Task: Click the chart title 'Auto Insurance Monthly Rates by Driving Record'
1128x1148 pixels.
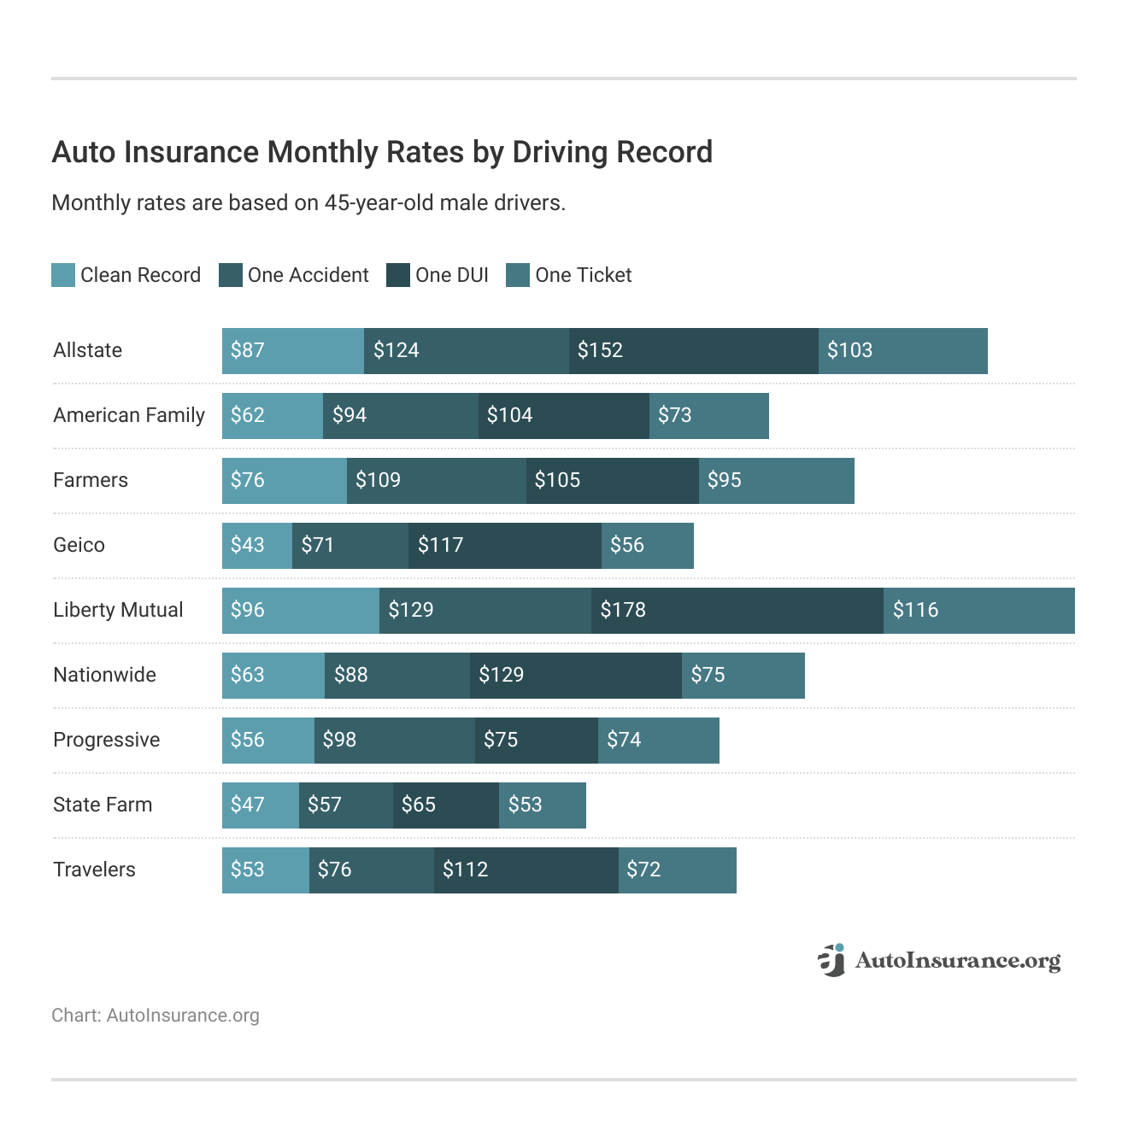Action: (382, 152)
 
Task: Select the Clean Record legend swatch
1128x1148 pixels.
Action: (63, 275)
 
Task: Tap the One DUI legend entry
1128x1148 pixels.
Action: (438, 275)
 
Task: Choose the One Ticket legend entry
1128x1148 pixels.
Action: (569, 275)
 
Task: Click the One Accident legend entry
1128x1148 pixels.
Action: (294, 275)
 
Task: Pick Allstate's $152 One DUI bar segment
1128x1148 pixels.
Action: (693, 351)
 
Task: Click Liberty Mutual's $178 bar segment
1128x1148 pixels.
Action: (737, 611)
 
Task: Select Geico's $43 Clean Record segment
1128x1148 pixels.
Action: (256, 546)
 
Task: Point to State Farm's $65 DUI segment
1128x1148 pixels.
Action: (445, 805)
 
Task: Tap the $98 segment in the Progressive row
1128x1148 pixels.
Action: (394, 741)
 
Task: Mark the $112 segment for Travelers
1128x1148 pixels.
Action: (526, 870)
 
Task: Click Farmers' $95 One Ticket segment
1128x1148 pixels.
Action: (776, 481)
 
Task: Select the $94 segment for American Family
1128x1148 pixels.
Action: (400, 416)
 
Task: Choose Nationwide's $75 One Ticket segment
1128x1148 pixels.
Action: (743, 676)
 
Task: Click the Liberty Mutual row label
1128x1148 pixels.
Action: (118, 610)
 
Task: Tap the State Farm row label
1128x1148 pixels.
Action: (103, 805)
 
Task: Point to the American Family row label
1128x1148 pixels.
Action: (129, 415)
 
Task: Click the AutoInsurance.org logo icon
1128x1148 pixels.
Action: (831, 960)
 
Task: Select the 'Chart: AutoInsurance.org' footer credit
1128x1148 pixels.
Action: (156, 1016)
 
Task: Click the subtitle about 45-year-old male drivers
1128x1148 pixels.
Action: (308, 203)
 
